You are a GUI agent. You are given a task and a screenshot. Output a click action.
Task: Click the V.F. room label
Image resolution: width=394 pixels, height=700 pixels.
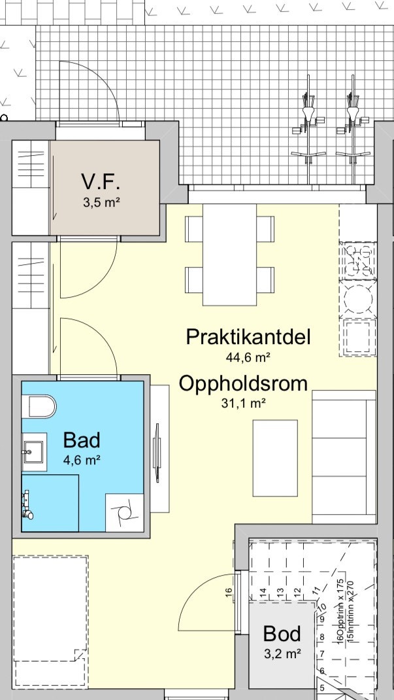pyautogui.click(x=101, y=181)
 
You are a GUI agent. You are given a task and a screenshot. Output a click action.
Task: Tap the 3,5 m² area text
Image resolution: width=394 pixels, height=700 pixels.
pyautogui.click(x=101, y=202)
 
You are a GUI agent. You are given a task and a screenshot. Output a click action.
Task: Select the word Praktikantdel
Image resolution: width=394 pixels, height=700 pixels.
pyautogui.click(x=248, y=337)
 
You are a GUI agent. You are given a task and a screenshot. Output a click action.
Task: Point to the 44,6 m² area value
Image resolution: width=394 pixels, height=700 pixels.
pyautogui.click(x=248, y=357)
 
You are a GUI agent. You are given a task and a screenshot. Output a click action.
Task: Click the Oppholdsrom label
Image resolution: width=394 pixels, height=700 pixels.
pyautogui.click(x=243, y=383)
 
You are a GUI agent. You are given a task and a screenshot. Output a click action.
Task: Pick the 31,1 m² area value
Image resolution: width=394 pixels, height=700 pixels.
pyautogui.click(x=243, y=404)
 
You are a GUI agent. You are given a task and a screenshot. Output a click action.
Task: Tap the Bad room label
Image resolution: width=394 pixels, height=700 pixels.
pyautogui.click(x=82, y=439)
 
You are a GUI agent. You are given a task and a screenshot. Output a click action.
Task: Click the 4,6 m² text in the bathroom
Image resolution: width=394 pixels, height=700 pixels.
pyautogui.click(x=82, y=459)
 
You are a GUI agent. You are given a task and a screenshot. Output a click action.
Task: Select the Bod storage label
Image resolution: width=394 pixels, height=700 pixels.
pyautogui.click(x=282, y=633)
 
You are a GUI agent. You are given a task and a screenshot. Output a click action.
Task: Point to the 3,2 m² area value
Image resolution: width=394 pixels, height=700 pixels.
pyautogui.click(x=282, y=653)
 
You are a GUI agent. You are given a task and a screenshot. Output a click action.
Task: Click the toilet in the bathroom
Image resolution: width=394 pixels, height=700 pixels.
pyautogui.click(x=39, y=406)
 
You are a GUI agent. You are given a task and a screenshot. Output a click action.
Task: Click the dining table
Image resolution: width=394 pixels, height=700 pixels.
pyautogui.click(x=229, y=254)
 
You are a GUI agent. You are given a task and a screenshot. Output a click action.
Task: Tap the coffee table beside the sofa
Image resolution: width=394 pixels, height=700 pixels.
pyautogui.click(x=275, y=457)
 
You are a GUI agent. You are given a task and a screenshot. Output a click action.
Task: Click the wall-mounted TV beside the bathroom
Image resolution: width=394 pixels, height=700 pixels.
pyautogui.click(x=157, y=453)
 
